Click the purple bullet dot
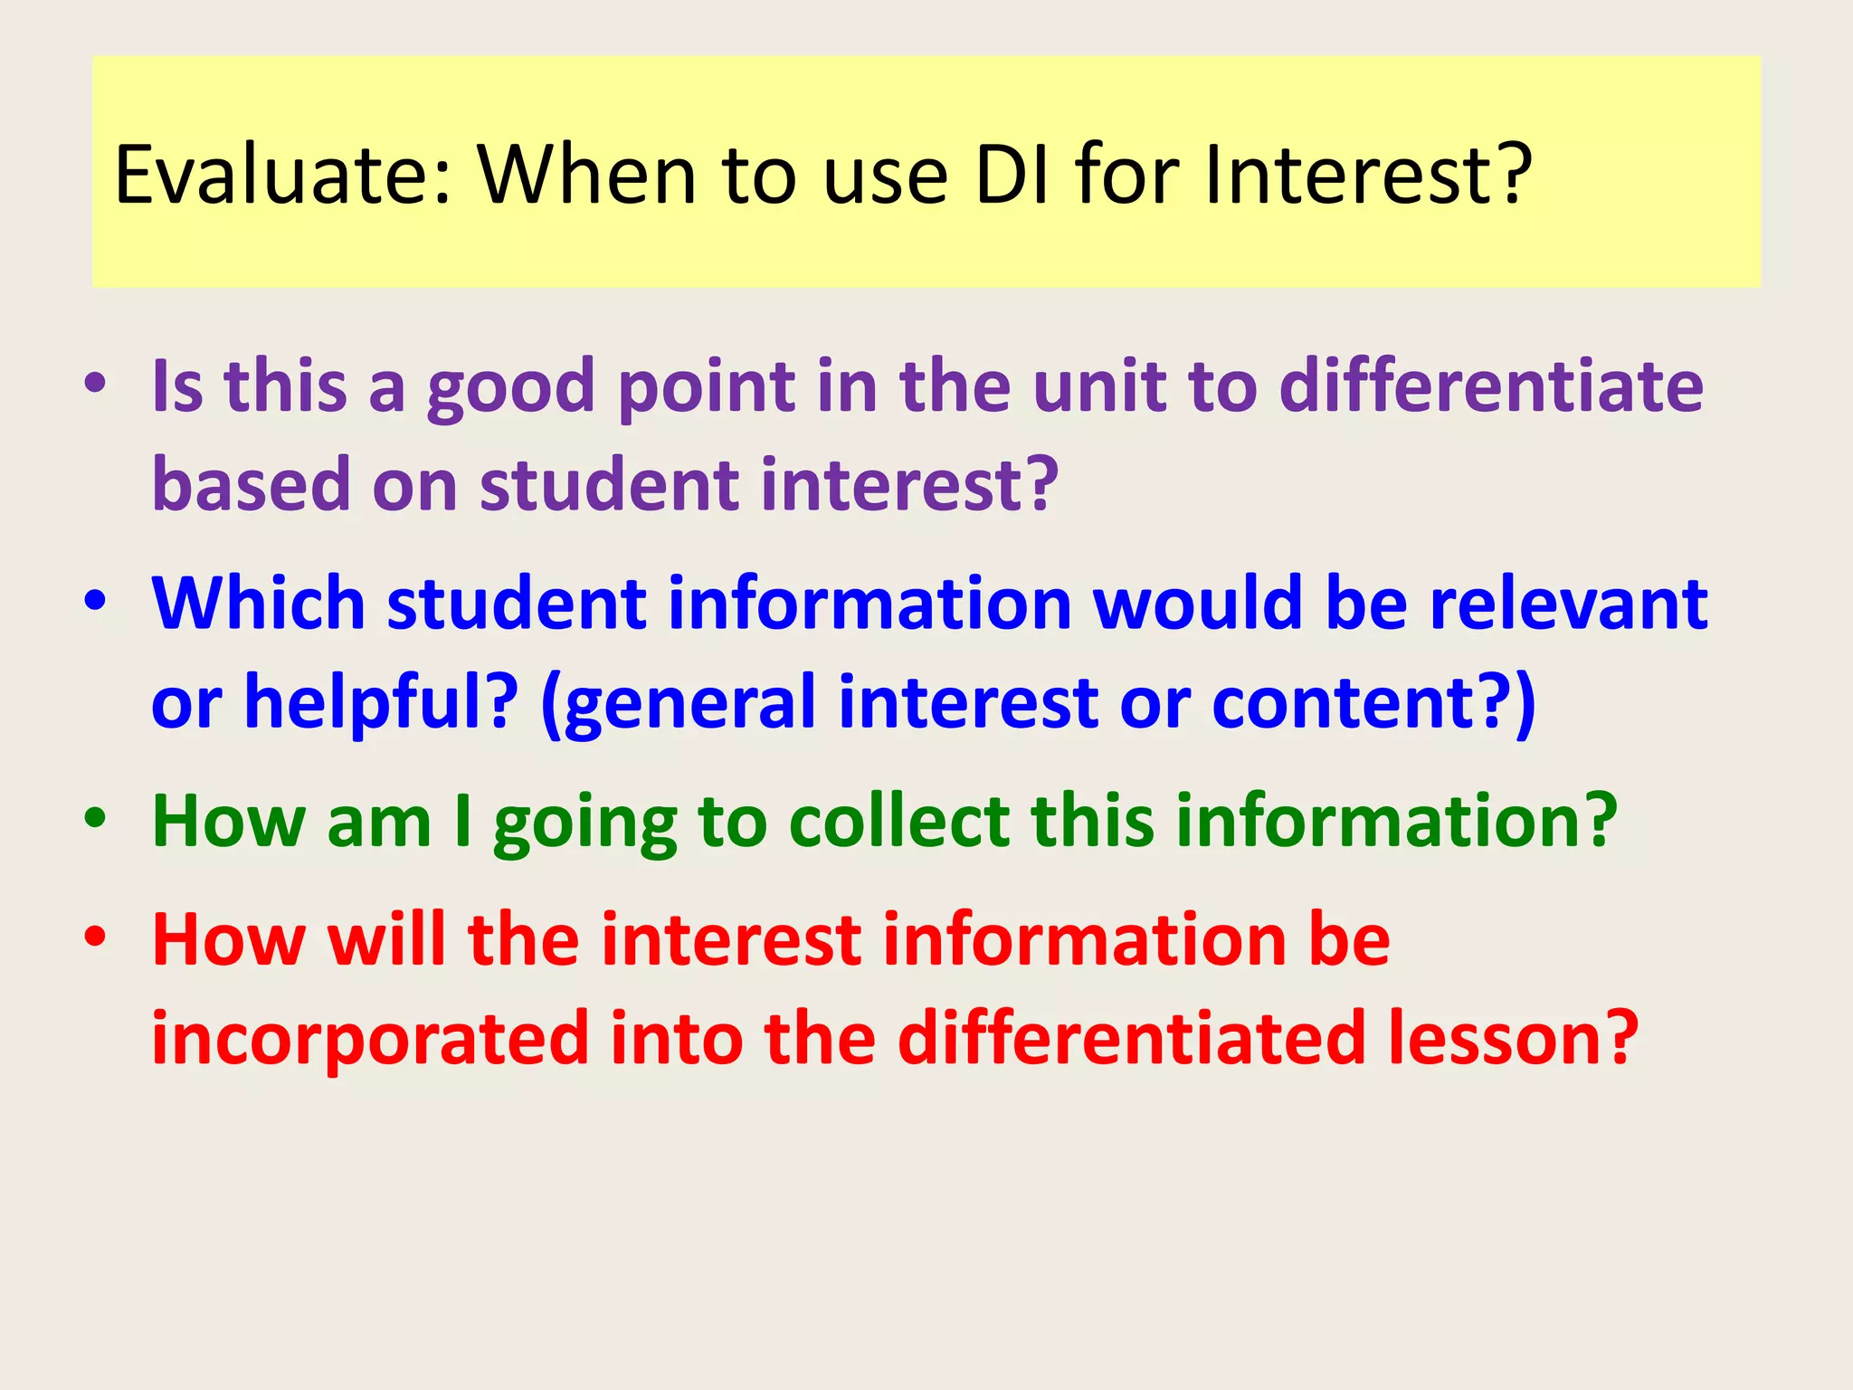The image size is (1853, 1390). (x=95, y=385)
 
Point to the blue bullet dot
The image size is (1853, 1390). (x=95, y=601)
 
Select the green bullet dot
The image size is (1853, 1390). (x=95, y=818)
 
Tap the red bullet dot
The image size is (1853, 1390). (x=95, y=938)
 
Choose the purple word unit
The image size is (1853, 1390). (x=1098, y=386)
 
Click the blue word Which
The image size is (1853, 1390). (x=258, y=604)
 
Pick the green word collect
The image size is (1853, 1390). (x=898, y=822)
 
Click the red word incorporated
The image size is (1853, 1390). (x=370, y=1039)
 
